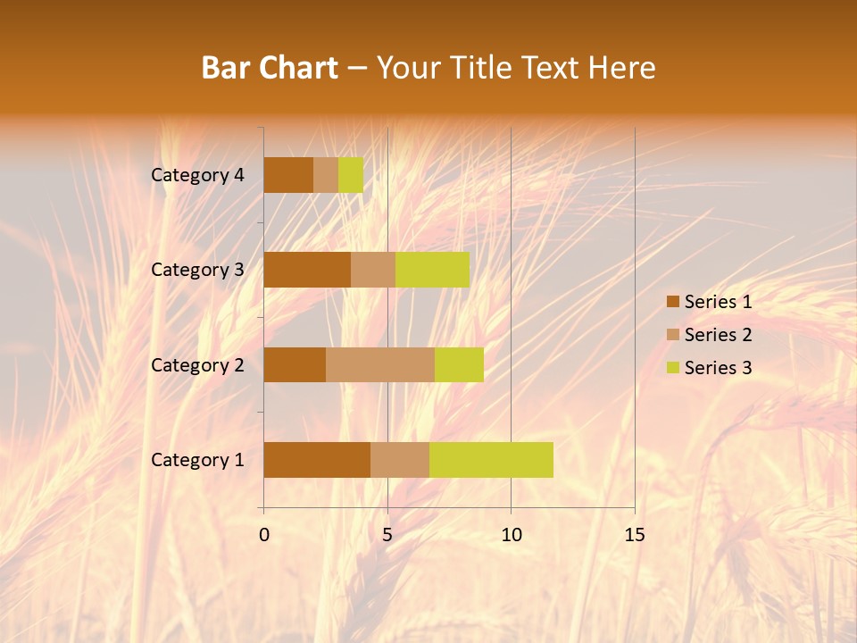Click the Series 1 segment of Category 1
coord(317,459)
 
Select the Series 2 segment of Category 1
coord(400,459)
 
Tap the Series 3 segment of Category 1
coord(491,459)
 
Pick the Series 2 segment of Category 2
coord(380,364)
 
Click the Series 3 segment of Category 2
coord(459,364)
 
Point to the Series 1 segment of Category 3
coord(307,270)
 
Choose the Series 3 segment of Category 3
coord(432,270)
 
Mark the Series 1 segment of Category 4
coord(288,175)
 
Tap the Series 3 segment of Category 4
coord(351,175)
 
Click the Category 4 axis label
coord(197,175)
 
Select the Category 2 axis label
coord(197,364)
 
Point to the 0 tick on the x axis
coord(264,535)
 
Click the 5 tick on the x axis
coord(387,535)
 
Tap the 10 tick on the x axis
coord(511,535)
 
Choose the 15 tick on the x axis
coord(634,535)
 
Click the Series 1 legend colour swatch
coord(672,302)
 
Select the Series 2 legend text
coord(718,335)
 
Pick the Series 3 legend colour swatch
coord(672,368)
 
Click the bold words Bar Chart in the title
coord(270,68)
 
